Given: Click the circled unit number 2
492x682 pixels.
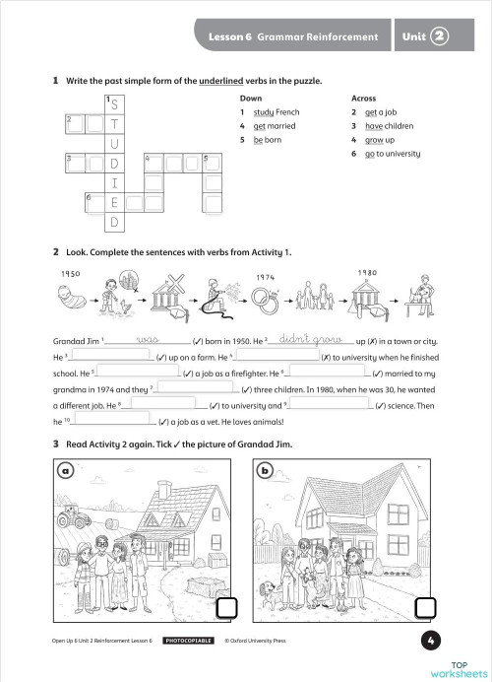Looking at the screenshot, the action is pos(439,36).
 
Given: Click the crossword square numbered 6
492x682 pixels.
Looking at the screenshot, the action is pos(95,203).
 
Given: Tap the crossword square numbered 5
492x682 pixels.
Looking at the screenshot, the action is pos(213,163).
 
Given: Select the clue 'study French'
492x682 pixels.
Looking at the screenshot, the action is pos(277,112).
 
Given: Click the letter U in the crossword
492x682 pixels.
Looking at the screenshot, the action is pos(114,144).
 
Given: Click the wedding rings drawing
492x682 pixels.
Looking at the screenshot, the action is pos(265,300).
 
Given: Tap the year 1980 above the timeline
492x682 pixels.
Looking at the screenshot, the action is pos(367,273).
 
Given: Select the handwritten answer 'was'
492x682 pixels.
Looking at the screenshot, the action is pos(148,339).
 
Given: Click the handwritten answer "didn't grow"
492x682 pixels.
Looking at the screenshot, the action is pos(311,338).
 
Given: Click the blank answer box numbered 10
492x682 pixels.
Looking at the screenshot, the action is pos(112,419).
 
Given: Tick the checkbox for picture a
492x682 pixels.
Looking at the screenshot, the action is pos(226,608).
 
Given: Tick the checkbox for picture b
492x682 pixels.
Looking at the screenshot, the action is pos(425,608).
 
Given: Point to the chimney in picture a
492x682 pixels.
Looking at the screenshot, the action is pos(164,489).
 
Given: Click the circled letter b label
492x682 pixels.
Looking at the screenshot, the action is pos(265,470).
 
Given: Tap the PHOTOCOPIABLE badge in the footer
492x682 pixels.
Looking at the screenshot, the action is pos(189,641).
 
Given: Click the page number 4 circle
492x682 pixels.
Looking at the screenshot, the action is pos(431,641).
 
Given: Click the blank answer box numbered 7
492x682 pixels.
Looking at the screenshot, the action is pos(197,386).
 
